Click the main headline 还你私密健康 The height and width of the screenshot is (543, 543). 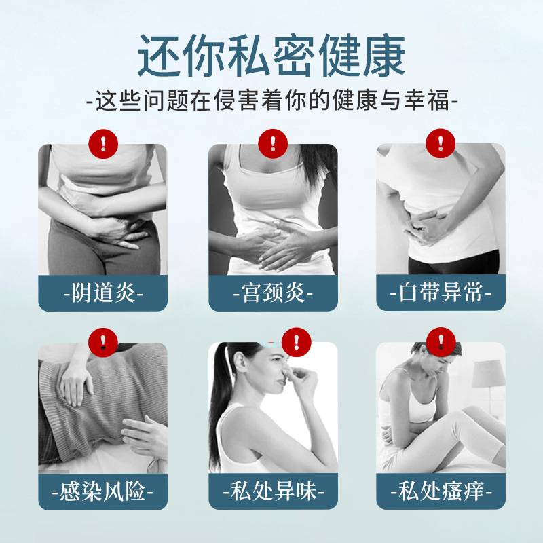(271, 56)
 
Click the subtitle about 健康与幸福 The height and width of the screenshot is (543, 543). (272, 100)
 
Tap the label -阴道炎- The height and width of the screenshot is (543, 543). (103, 293)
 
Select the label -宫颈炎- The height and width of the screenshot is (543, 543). (273, 293)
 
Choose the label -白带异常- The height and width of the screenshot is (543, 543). (441, 293)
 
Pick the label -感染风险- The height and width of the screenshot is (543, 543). (102, 491)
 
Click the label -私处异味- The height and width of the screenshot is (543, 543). (273, 491)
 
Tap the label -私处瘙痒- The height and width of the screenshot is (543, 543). (441, 491)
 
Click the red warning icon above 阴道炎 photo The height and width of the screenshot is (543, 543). (103, 144)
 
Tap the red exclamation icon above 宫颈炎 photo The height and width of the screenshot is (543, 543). (273, 144)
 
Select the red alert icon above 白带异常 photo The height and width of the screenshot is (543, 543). (441, 143)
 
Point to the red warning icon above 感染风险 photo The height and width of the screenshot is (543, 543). (103, 343)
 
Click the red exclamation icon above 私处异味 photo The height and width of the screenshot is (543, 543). (297, 342)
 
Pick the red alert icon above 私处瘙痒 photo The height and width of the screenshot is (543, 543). (441, 342)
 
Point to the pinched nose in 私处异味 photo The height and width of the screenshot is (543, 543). (284, 376)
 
